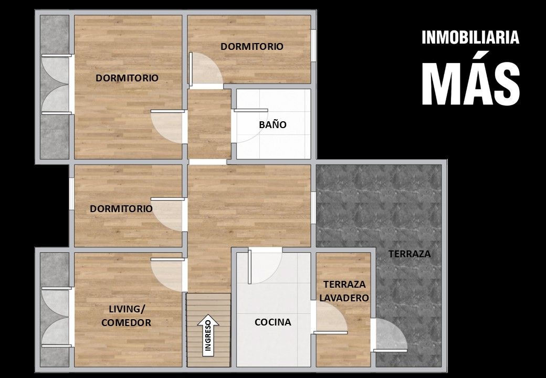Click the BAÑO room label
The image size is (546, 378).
coord(272,124)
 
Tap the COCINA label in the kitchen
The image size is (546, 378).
coord(273,322)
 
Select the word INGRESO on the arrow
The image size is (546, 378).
coord(208,335)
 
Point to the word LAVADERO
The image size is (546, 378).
coord(344,298)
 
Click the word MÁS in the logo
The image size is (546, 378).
coord(471,83)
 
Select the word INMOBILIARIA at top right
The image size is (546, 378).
coord(470,38)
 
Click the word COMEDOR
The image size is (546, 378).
coord(127,323)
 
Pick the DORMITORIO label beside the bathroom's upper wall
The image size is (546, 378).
coord(252,46)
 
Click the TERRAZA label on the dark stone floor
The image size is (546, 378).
coord(409,254)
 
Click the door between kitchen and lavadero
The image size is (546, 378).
coord(330,317)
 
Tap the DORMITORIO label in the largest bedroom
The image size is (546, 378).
coord(127,78)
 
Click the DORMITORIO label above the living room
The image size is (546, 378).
coord(121,209)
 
